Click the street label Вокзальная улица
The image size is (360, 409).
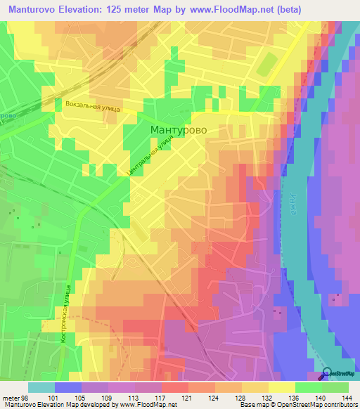[x=91, y=107]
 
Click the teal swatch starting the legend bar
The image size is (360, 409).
[x=41, y=387]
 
